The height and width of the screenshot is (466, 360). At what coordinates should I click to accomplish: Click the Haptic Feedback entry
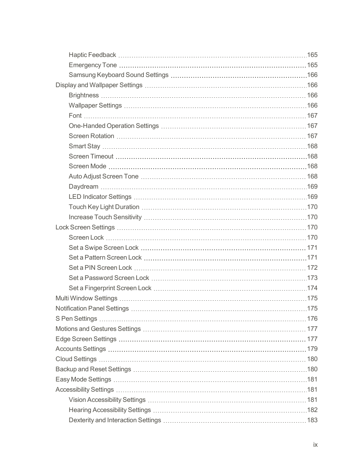(x=92, y=55)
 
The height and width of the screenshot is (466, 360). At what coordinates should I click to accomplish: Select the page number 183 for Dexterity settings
(x=312, y=420)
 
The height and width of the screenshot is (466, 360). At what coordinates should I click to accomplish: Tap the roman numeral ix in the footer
(x=315, y=444)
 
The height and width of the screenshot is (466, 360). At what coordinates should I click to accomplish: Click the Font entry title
(x=75, y=115)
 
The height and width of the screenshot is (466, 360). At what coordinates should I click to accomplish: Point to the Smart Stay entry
(x=84, y=146)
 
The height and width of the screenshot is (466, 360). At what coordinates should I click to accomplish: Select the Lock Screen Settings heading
(x=85, y=227)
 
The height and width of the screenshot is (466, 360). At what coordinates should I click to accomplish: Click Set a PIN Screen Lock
(x=100, y=268)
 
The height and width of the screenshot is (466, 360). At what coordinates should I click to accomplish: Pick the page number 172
(x=312, y=268)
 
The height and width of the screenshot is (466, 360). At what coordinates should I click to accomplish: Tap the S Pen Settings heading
(x=76, y=318)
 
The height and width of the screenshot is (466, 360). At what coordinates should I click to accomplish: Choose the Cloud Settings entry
(x=76, y=359)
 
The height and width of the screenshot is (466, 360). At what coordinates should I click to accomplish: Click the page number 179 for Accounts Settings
(x=312, y=349)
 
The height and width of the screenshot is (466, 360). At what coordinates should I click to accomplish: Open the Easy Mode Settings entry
(x=83, y=379)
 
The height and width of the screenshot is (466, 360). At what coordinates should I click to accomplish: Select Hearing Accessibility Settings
(x=109, y=410)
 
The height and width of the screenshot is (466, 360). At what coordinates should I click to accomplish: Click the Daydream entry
(x=83, y=186)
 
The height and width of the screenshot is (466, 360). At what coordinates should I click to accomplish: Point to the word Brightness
(x=83, y=95)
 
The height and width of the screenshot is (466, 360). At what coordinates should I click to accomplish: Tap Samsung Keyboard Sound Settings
(x=118, y=75)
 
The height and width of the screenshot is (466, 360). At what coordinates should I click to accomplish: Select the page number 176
(x=312, y=318)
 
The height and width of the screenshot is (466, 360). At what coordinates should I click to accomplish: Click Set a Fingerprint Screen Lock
(x=110, y=288)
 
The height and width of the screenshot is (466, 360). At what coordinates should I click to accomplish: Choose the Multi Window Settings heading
(x=86, y=298)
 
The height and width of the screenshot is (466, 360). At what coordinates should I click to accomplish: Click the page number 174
(x=312, y=288)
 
